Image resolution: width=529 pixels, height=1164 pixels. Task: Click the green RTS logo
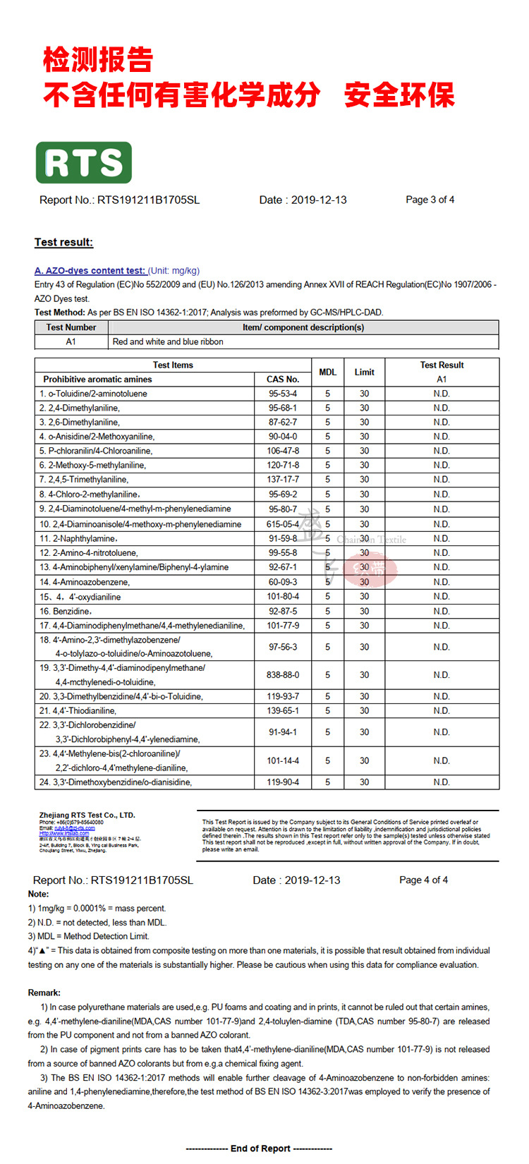click(84, 163)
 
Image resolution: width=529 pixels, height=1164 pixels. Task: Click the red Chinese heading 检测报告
click(98, 60)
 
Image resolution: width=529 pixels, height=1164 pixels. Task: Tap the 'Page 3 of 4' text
click(430, 200)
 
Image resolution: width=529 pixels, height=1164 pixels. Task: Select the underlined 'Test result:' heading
click(63, 242)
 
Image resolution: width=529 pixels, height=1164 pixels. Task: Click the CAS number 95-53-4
click(283, 394)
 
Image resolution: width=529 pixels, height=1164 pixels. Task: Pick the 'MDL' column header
click(327, 372)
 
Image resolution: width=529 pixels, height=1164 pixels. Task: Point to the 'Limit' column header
click(364, 372)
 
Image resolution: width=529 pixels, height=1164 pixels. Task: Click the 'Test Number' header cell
click(71, 327)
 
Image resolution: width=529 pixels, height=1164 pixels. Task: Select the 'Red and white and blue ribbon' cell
click(168, 341)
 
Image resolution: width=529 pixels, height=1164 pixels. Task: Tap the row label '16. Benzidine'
click(66, 611)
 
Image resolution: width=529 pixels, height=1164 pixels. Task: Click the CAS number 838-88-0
click(283, 675)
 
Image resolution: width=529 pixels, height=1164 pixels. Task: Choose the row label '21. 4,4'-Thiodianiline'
click(78, 710)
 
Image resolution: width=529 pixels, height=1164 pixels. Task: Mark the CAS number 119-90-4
click(283, 782)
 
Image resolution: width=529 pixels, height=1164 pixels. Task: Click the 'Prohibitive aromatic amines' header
click(97, 380)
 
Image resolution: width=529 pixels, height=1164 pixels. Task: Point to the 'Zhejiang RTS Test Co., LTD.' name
click(87, 815)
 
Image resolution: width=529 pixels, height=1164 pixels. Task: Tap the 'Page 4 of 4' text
click(423, 880)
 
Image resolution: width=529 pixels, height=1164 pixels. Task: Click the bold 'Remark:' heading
click(44, 993)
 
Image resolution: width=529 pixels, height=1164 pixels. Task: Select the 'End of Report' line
click(260, 1148)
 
